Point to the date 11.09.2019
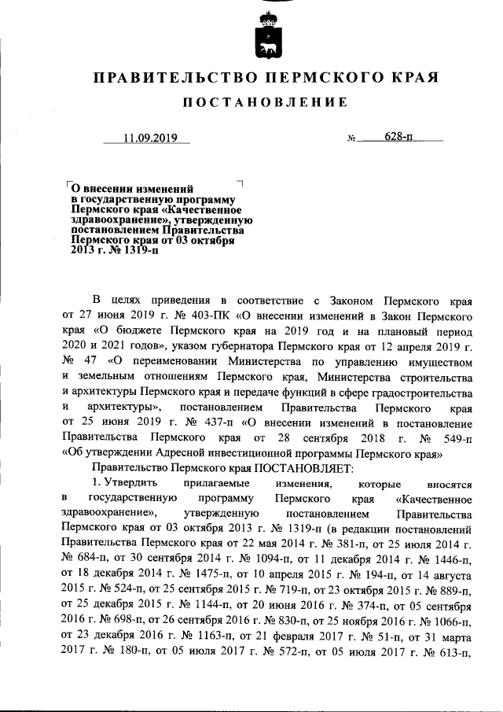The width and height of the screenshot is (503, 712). tap(150, 139)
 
